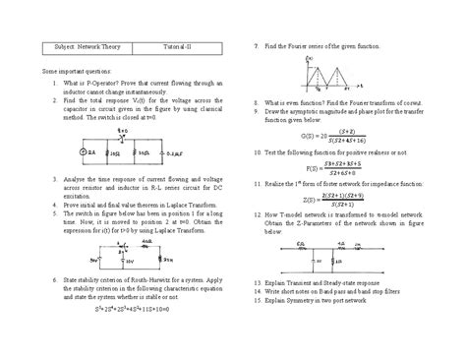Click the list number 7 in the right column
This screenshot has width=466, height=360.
(x=255, y=46)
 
